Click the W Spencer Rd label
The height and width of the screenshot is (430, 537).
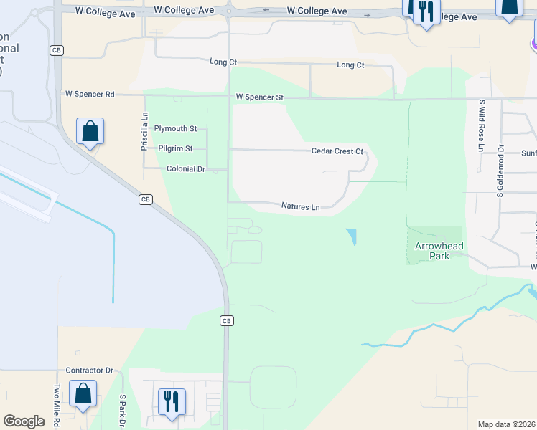[x=90, y=94]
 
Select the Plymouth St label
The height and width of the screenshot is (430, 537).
[x=175, y=128]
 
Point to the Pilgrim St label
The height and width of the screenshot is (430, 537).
[x=175, y=148]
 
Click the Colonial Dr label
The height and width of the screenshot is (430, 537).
[x=186, y=168]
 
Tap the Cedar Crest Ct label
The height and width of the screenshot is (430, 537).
[x=337, y=151]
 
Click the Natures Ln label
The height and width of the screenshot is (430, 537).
[x=300, y=206]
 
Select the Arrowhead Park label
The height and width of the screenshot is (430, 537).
[x=439, y=251]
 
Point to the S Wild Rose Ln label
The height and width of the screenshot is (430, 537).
[x=482, y=125]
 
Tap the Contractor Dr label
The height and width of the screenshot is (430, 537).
[x=90, y=371]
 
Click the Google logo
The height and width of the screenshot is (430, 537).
[x=24, y=421]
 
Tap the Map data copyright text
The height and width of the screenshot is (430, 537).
[x=505, y=424]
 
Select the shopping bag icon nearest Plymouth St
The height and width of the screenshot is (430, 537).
[x=90, y=132]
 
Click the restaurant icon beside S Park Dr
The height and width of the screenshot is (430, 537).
[x=172, y=401]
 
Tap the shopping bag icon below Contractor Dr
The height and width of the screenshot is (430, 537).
[x=83, y=393]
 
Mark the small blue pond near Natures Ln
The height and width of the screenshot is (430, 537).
[x=351, y=236]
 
